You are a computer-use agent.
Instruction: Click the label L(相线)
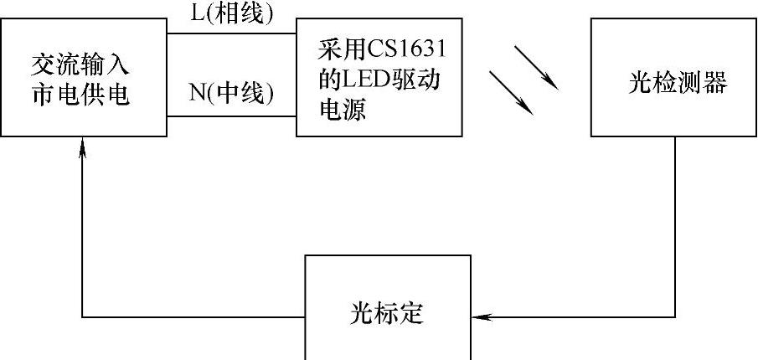pyautogui.click(x=231, y=14)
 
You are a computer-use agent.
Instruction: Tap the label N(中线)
pyautogui.click(x=231, y=93)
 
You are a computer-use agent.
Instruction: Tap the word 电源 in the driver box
pyautogui.click(x=343, y=111)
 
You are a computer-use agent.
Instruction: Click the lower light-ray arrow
pyautogui.click(x=512, y=91)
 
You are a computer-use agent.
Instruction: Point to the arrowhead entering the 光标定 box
pyautogui.click(x=479, y=316)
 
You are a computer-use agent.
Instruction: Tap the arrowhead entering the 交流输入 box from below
pyautogui.click(x=82, y=147)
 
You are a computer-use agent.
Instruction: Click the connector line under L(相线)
pyautogui.click(x=231, y=33)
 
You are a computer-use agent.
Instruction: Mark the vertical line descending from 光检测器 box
pyautogui.click(x=675, y=226)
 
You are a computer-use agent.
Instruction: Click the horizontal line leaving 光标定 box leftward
pyautogui.click(x=193, y=316)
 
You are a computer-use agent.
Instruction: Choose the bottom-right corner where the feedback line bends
pyautogui.click(x=675, y=316)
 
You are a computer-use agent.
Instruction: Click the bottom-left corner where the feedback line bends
pyautogui.click(x=82, y=316)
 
